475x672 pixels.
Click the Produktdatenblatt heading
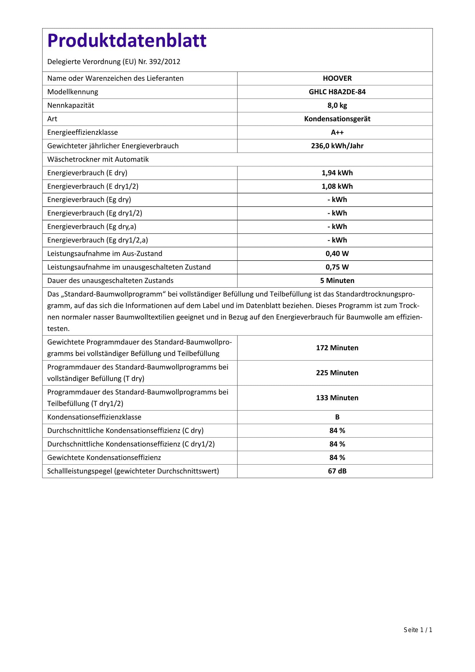127,41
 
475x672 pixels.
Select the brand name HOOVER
337,78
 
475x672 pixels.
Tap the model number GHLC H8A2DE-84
337,92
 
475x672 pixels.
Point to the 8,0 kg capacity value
337,105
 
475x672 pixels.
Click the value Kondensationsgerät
337,119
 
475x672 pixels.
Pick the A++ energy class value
337,132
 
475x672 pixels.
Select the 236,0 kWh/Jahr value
337,146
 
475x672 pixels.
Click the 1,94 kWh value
337,173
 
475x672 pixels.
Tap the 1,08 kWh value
337,186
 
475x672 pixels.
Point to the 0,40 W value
337,253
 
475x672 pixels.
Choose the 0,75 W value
337,267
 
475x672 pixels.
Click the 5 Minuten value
337,280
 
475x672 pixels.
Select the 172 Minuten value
337,348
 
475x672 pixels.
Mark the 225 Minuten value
337,373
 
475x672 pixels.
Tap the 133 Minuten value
337,397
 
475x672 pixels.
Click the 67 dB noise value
337,471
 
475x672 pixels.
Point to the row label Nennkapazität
70,105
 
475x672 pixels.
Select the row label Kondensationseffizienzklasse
94,417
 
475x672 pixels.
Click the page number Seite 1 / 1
418,638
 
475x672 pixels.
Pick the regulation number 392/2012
164,62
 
